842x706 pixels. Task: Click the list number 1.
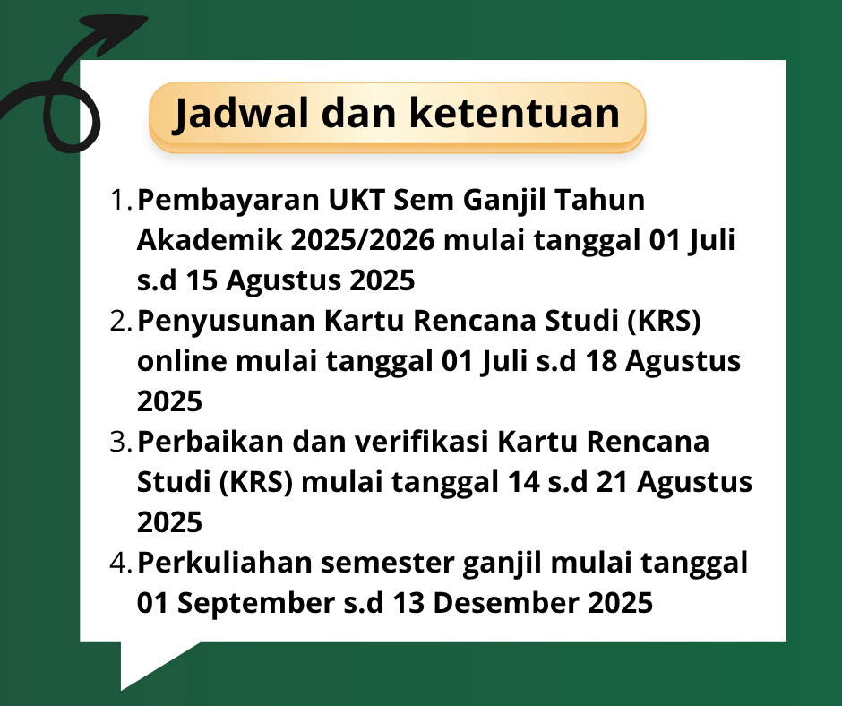tap(121, 200)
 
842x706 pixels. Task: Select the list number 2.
tap(121, 321)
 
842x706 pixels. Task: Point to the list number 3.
tap(121, 442)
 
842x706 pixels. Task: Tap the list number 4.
tap(121, 563)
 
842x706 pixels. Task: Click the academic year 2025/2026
tap(363, 240)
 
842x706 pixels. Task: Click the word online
tap(182, 360)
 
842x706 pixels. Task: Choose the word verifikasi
tap(422, 442)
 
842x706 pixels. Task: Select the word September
tap(256, 604)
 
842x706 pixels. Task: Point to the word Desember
tap(506, 603)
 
